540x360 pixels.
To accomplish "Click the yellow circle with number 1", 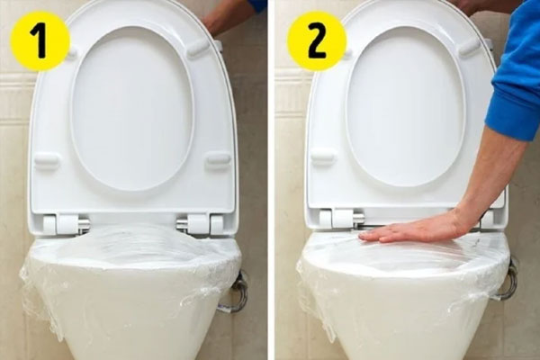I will click(40, 40).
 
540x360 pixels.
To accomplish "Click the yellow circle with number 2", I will click(317, 40).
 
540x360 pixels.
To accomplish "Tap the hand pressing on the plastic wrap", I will click(409, 229).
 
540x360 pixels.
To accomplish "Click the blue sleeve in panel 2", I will click(515, 90).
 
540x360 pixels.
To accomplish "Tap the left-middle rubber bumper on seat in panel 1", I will click(47, 162).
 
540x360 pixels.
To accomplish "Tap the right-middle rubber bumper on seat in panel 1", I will click(218, 161).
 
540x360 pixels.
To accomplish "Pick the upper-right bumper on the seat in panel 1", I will click(198, 49).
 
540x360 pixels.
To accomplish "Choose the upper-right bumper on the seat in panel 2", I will click(470, 48).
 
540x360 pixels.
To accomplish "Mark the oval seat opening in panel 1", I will click(132, 108).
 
